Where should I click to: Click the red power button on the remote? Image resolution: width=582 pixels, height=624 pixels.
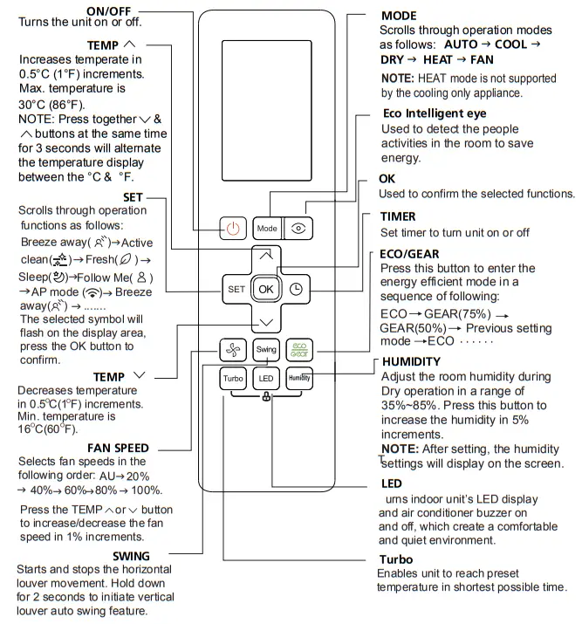tap(233, 229)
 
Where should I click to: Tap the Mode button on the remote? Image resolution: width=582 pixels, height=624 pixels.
tap(267, 229)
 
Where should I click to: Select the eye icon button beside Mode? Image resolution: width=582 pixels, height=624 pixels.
tap(298, 229)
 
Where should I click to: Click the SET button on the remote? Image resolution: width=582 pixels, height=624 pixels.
tap(236, 289)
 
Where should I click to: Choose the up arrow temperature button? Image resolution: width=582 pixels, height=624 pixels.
tap(266, 255)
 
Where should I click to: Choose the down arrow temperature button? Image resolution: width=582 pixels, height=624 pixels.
tap(266, 323)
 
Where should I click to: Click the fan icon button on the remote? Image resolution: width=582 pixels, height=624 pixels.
tap(233, 350)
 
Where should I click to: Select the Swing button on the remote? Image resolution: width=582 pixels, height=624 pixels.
tap(266, 350)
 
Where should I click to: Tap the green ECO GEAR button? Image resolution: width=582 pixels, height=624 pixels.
tap(298, 350)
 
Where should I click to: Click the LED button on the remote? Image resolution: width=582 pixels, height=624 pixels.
tap(266, 379)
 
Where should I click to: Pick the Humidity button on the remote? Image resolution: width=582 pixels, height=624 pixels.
tap(298, 379)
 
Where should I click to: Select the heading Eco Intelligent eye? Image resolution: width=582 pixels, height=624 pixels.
tap(435, 113)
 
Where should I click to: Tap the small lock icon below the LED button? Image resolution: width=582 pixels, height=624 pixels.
tap(265, 398)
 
